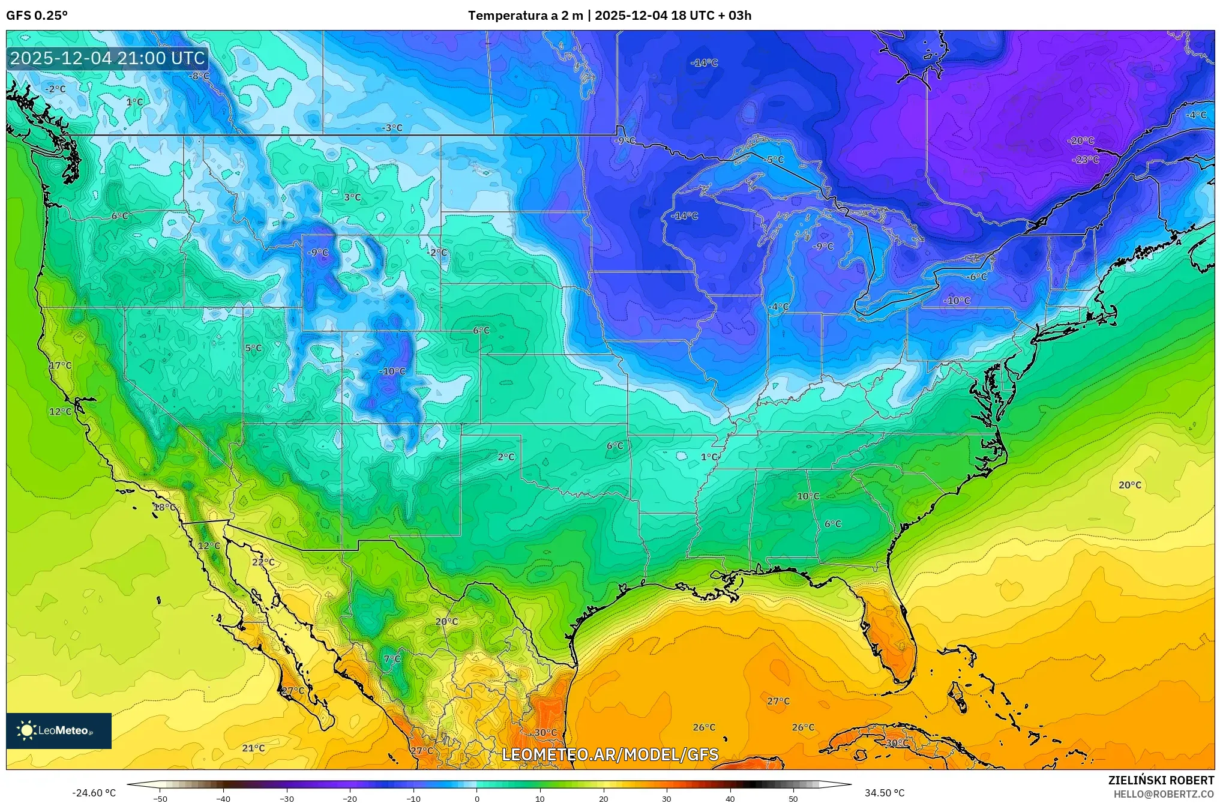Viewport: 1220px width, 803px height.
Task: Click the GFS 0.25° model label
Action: click(x=37, y=16)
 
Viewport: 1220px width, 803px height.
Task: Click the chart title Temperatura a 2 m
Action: click(x=525, y=16)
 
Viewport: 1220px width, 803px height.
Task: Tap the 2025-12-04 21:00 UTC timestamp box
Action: click(x=108, y=58)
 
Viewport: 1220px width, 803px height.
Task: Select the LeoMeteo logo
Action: click(x=59, y=730)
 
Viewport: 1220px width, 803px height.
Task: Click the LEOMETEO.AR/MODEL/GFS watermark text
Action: click(x=610, y=754)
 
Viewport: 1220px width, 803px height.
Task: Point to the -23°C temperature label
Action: click(x=1086, y=160)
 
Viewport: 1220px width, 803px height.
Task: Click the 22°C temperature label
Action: click(x=263, y=562)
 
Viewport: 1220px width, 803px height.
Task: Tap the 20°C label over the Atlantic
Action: click(x=1129, y=485)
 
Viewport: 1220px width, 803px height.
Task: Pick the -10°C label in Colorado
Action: click(x=392, y=371)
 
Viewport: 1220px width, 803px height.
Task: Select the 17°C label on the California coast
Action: click(x=60, y=365)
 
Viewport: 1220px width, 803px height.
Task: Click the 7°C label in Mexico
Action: click(x=392, y=659)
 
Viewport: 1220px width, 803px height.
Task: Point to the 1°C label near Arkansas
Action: click(x=709, y=457)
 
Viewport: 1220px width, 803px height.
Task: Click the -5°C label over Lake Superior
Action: click(x=775, y=160)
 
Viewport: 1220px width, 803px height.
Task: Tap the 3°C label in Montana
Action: click(x=352, y=197)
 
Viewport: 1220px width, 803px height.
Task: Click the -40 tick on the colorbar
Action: click(x=223, y=799)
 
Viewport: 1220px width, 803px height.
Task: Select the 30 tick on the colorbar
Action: click(x=666, y=799)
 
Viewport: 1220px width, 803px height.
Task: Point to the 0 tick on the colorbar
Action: click(x=476, y=799)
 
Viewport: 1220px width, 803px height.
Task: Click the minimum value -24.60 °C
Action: click(x=94, y=793)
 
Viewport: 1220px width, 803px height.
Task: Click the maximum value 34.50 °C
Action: click(x=884, y=793)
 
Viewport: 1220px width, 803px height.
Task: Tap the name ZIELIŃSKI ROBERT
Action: click(x=1161, y=780)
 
